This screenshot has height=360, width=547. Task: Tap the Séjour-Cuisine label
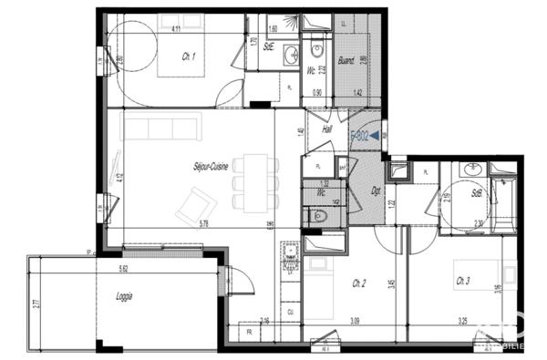coord(210,167)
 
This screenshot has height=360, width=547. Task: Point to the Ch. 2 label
coord(359,283)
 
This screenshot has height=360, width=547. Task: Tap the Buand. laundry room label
coord(346,63)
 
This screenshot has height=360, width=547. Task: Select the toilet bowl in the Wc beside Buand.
coord(316,53)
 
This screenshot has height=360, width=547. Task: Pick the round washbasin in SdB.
coord(473,169)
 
